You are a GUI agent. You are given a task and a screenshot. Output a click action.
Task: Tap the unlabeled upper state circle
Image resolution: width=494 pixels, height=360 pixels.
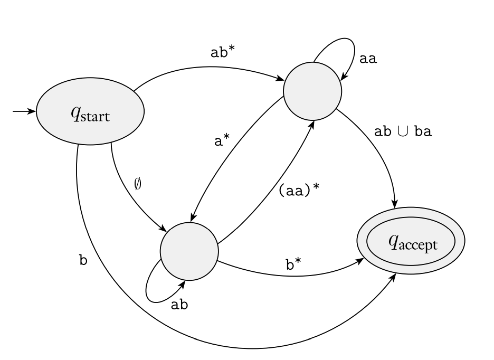pos(312,91)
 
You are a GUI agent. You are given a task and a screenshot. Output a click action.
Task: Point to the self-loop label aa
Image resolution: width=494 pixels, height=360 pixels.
pos(368,59)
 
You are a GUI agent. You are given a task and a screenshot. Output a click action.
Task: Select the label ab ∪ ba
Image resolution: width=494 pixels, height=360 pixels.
pos(403,132)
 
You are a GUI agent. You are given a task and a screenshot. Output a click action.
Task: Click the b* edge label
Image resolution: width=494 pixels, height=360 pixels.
pos(293,264)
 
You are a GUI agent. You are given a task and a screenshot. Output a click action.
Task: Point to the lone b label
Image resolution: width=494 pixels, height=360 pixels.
pos(83,260)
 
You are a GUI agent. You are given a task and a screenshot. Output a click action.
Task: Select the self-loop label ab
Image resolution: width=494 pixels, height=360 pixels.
pos(179,306)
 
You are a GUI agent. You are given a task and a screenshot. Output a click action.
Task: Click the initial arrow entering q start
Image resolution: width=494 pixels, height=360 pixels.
pos(24,112)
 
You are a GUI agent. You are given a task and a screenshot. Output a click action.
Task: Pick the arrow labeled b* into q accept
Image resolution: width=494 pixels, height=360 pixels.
pos(296,275)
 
